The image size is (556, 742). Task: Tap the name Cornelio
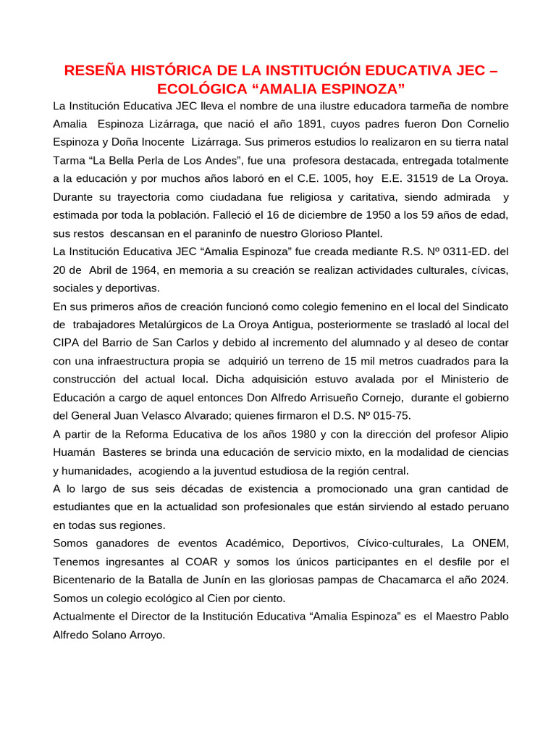pos(484,124)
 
